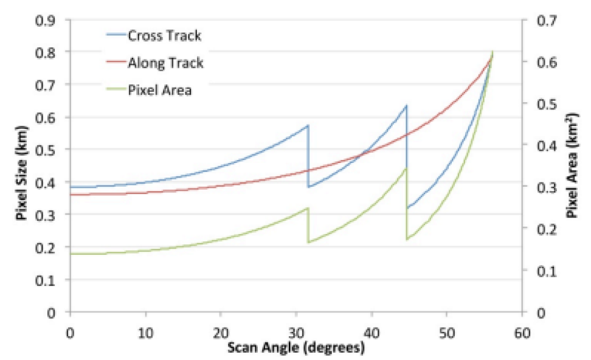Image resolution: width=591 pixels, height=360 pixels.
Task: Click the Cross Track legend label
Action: tap(164, 36)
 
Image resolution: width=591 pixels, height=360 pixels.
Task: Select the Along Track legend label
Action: tap(165, 63)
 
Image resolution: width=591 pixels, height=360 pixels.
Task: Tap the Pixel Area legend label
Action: tap(160, 91)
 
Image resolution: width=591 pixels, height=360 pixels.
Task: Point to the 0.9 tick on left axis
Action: tap(45, 20)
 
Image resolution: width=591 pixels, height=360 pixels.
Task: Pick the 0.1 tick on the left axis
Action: tap(45, 280)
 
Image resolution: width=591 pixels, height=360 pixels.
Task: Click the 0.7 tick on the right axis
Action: tap(547, 20)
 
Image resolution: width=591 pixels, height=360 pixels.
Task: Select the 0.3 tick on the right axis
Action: tap(547, 187)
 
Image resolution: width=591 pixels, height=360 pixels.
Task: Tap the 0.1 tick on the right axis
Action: tap(547, 271)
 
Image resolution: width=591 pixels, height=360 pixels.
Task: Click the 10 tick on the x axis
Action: tap(145, 333)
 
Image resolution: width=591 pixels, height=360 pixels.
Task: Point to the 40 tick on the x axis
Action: tap(372, 333)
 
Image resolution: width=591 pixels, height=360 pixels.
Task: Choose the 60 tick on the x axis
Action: tap(522, 333)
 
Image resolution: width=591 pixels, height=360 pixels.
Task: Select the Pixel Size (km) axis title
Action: tap(22, 173)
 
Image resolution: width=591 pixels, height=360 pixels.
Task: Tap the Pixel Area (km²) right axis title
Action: tap(572, 165)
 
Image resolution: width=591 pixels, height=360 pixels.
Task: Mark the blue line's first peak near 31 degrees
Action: tap(308, 125)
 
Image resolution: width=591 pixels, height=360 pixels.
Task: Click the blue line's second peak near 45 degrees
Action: tap(406, 105)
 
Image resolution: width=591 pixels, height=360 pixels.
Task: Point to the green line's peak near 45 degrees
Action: tap(406, 168)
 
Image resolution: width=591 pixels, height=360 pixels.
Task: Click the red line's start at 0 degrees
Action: tap(71, 195)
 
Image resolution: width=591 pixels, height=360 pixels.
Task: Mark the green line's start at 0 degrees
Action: tap(71, 254)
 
